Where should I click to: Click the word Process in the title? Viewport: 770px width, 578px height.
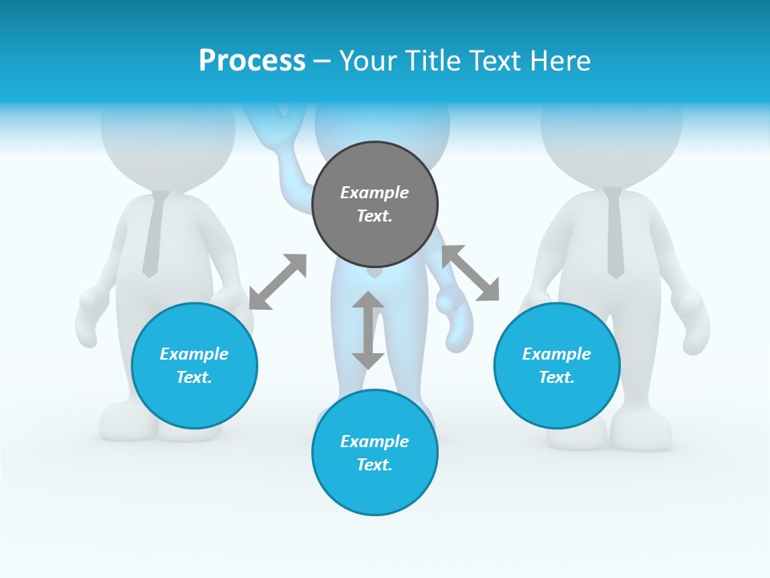(252, 61)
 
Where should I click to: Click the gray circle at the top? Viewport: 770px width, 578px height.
(375, 205)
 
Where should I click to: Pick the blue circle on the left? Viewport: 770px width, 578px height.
(194, 365)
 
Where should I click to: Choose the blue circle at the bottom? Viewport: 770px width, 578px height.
(375, 453)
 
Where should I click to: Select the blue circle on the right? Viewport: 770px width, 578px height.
(557, 365)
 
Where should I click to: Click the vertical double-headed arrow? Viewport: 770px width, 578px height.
(368, 330)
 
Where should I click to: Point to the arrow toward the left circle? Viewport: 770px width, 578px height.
(278, 282)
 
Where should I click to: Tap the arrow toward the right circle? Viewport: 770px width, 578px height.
(470, 274)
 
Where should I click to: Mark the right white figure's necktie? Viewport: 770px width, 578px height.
(614, 233)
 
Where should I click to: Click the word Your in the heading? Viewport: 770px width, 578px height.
(368, 61)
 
